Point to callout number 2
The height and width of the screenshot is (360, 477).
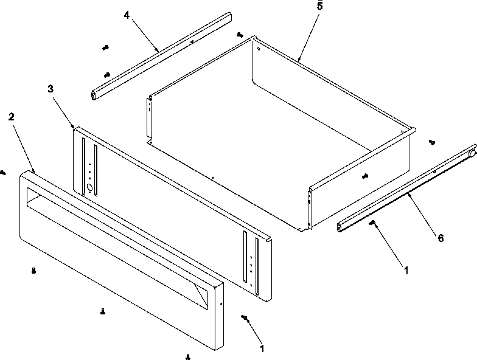(x=11, y=116)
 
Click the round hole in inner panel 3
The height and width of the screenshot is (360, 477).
(x=92, y=188)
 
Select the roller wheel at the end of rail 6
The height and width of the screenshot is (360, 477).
(x=472, y=154)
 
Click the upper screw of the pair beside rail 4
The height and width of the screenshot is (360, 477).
(x=106, y=47)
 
